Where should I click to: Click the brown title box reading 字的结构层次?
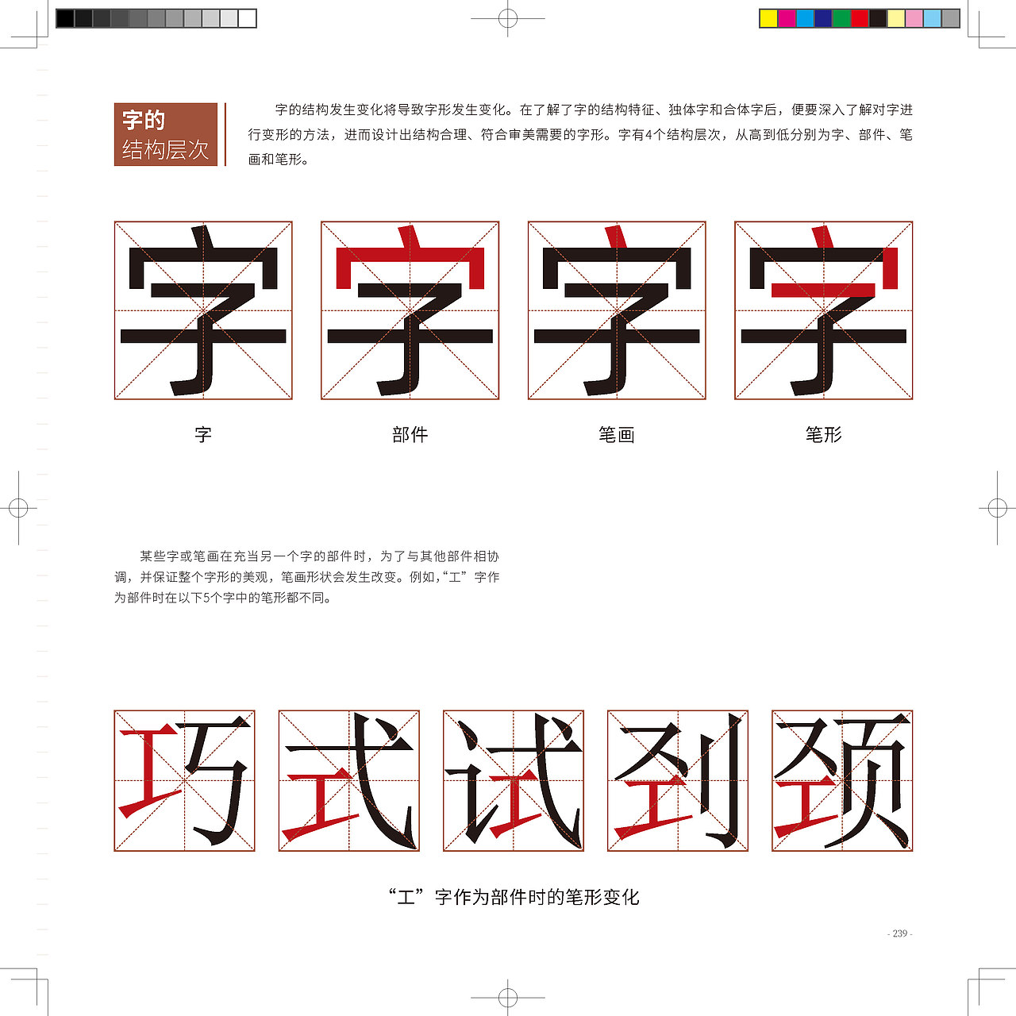click(166, 134)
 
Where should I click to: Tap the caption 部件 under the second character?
click(410, 435)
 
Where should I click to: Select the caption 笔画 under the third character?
click(617, 435)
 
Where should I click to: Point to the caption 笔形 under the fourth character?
click(823, 435)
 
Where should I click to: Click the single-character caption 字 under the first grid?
click(203, 435)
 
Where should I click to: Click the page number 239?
click(899, 933)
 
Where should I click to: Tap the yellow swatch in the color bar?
click(768, 18)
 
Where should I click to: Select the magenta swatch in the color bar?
click(787, 18)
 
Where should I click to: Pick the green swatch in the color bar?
click(841, 18)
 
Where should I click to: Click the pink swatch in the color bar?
click(914, 18)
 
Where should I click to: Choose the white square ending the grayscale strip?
click(248, 18)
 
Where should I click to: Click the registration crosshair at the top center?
click(508, 18)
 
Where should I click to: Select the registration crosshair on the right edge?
click(997, 508)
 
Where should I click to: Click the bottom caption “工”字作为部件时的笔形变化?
click(514, 897)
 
